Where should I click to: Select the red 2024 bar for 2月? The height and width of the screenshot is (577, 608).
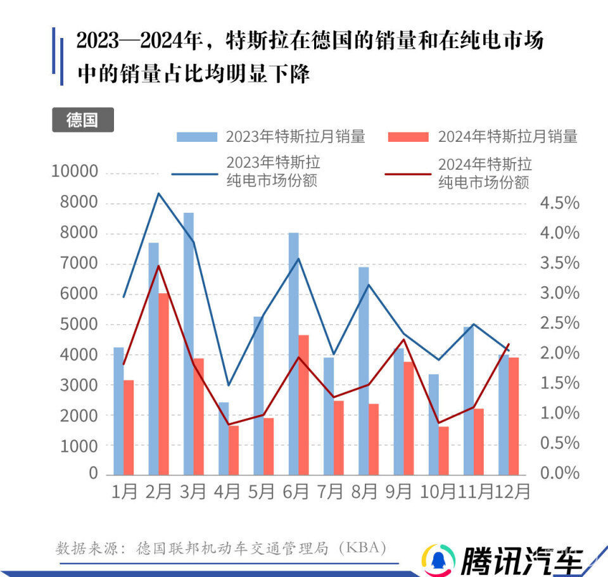(163, 384)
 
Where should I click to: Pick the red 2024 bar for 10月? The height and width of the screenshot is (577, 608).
(443, 450)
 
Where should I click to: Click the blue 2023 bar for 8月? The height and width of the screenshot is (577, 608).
(364, 371)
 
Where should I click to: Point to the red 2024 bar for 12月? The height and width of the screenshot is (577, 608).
(514, 415)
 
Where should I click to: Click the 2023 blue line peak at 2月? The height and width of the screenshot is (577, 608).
(158, 193)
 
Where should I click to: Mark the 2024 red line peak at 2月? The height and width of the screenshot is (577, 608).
(159, 265)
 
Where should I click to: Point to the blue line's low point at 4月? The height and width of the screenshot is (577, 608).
(229, 385)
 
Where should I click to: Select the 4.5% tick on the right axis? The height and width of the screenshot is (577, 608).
(559, 203)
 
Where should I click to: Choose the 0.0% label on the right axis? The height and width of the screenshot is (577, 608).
(559, 473)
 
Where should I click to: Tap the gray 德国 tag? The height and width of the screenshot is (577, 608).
(82, 120)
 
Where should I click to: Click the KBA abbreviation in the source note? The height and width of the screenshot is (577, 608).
(364, 548)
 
